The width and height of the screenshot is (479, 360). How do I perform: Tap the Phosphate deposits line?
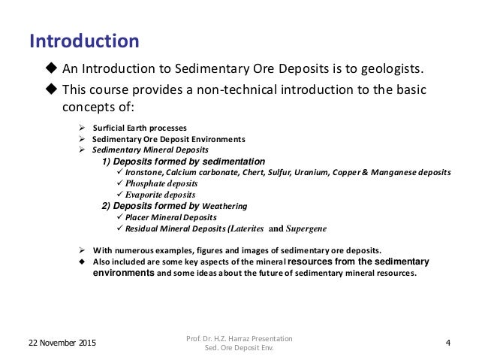tap(161, 183)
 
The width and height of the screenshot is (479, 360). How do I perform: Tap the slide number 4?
tap(447, 343)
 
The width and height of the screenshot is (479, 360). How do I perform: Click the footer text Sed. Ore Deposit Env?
tap(240, 349)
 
